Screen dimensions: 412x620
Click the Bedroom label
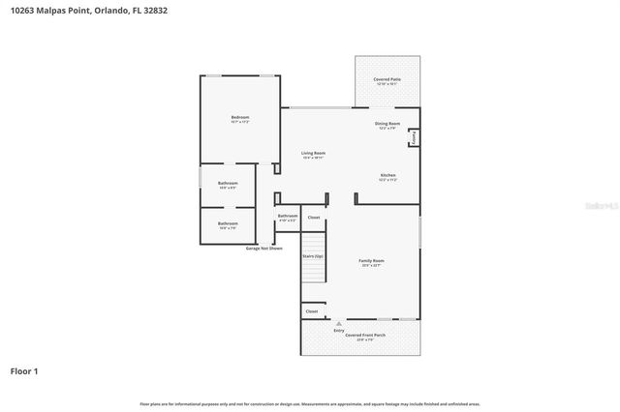click(x=240, y=119)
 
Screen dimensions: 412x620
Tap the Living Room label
click(x=313, y=154)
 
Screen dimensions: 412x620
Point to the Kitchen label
click(x=387, y=177)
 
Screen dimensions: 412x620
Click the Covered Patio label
click(x=387, y=81)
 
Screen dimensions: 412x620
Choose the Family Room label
click(x=372, y=262)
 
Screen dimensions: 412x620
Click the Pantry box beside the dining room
click(x=414, y=138)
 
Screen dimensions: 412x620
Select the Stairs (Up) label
click(x=312, y=256)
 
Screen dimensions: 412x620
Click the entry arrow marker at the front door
click(x=338, y=323)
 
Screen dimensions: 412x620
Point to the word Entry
click(x=339, y=331)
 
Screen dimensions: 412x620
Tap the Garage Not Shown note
click(x=263, y=249)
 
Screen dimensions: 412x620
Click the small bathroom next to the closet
click(x=288, y=218)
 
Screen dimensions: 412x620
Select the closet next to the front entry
click(x=312, y=311)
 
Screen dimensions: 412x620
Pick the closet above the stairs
click(x=314, y=218)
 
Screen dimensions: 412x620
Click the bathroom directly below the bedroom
click(x=228, y=185)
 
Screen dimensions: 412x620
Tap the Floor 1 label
click(x=24, y=369)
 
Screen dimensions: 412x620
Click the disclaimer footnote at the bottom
click(x=310, y=403)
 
